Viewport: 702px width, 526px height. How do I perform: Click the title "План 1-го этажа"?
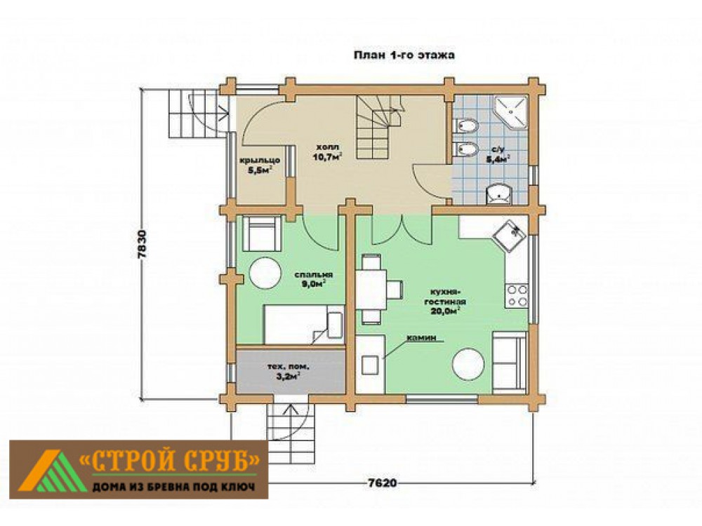click(404, 55)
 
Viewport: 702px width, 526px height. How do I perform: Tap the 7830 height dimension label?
click(143, 245)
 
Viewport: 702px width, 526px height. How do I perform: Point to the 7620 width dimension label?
click(383, 483)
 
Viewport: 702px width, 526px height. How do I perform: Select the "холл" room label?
click(328, 147)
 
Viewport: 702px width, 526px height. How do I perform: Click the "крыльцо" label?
click(260, 160)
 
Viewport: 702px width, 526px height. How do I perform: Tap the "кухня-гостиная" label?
click(445, 297)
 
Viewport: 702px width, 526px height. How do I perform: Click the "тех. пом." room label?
click(289, 367)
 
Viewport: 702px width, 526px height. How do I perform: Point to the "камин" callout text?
click(420, 338)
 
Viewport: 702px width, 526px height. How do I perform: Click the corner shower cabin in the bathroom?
click(511, 112)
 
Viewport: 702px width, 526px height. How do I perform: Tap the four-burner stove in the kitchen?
click(517, 296)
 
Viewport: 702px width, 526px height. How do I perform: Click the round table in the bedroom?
click(265, 273)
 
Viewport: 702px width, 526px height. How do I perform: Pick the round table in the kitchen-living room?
click(468, 364)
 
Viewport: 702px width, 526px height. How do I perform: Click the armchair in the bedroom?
click(262, 233)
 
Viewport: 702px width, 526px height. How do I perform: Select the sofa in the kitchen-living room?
click(509, 363)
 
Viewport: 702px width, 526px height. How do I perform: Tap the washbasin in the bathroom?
click(498, 194)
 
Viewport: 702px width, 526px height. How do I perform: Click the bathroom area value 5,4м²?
click(498, 159)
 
